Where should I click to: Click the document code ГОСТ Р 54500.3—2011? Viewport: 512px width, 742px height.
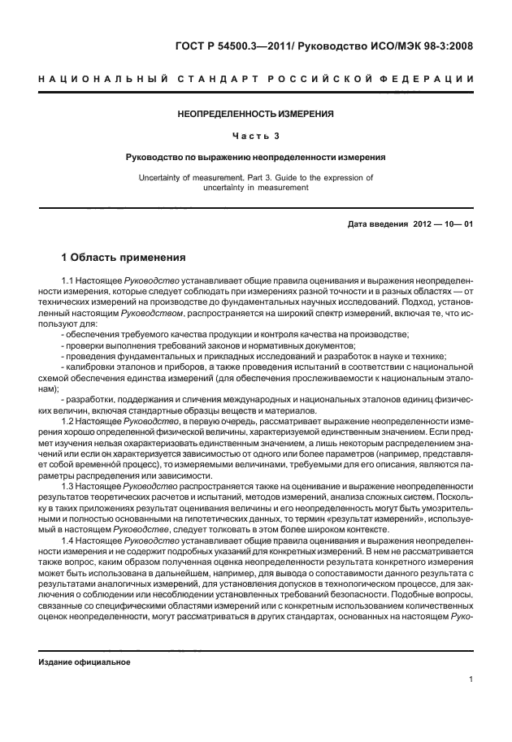(241, 46)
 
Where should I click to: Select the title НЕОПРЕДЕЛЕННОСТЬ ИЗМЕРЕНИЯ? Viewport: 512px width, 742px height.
(256, 114)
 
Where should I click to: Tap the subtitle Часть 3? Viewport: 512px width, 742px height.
(256, 136)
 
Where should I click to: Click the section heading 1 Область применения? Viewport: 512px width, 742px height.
(124, 258)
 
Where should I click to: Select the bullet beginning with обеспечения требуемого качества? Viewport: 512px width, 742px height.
(235, 335)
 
